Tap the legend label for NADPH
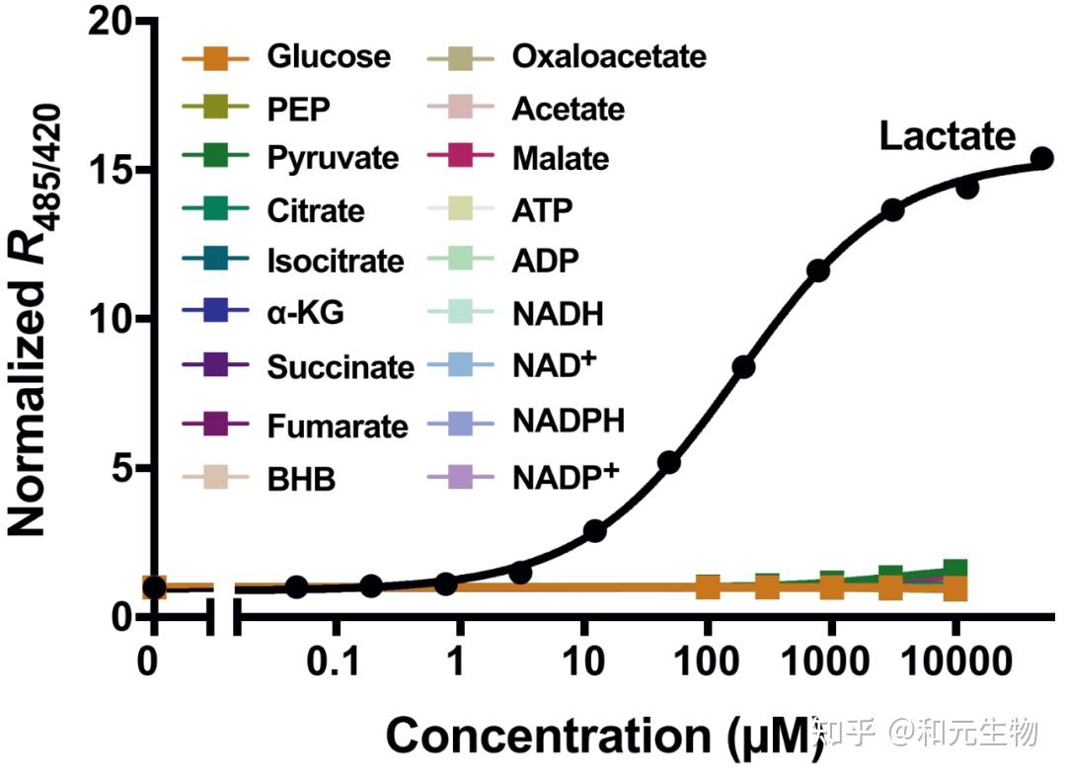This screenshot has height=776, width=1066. click(x=569, y=422)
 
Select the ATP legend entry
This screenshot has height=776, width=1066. click(x=542, y=209)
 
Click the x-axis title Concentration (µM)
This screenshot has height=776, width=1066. click(x=604, y=737)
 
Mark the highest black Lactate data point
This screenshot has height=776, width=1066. click(x=1042, y=158)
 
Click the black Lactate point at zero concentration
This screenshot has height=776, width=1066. click(x=154, y=587)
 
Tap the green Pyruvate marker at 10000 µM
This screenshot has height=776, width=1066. click(x=954, y=569)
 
